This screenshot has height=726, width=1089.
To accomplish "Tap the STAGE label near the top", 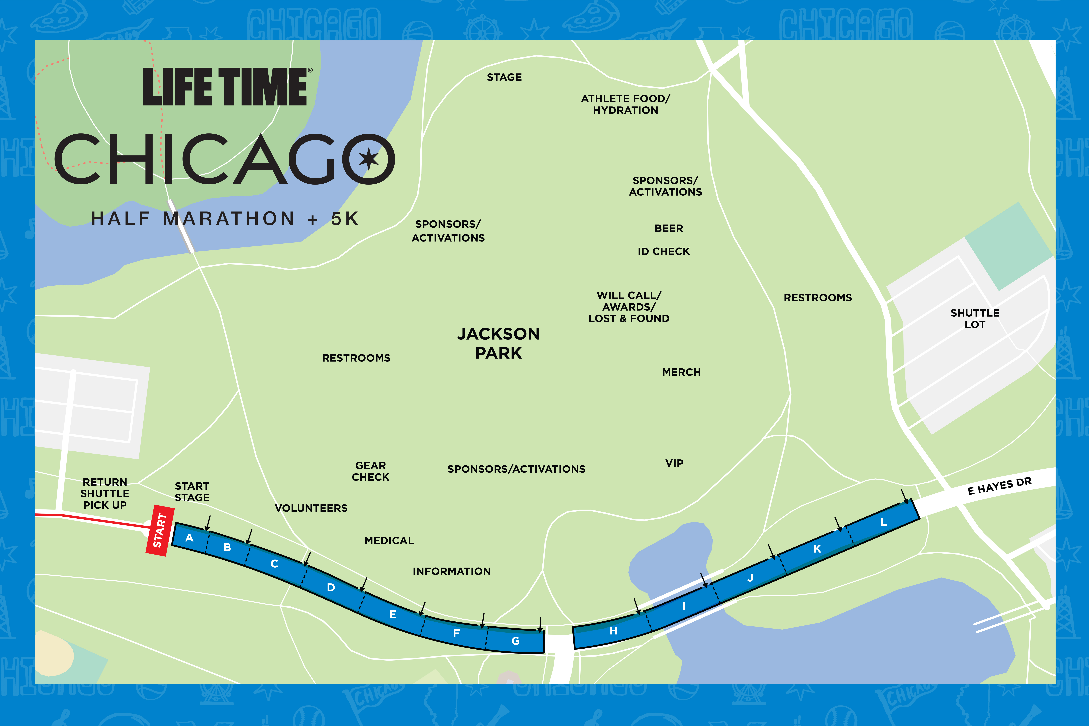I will pyautogui.click(x=504, y=77).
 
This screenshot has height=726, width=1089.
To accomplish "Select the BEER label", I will pyautogui.click(x=669, y=228).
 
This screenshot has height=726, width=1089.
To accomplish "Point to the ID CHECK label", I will pyautogui.click(x=663, y=251).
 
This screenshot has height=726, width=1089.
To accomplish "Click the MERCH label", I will pyautogui.click(x=681, y=372).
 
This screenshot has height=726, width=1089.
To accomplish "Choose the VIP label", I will pyautogui.click(x=674, y=463).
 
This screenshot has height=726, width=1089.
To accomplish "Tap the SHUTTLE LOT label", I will pyautogui.click(x=975, y=319).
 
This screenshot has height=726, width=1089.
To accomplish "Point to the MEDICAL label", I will pyautogui.click(x=389, y=540).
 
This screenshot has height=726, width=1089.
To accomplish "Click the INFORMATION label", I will pyautogui.click(x=451, y=571).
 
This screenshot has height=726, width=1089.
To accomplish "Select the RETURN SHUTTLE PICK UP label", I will pyautogui.click(x=105, y=494).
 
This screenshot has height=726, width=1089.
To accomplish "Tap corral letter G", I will pyautogui.click(x=515, y=641).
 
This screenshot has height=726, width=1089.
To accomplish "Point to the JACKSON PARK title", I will pyautogui.click(x=499, y=343).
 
